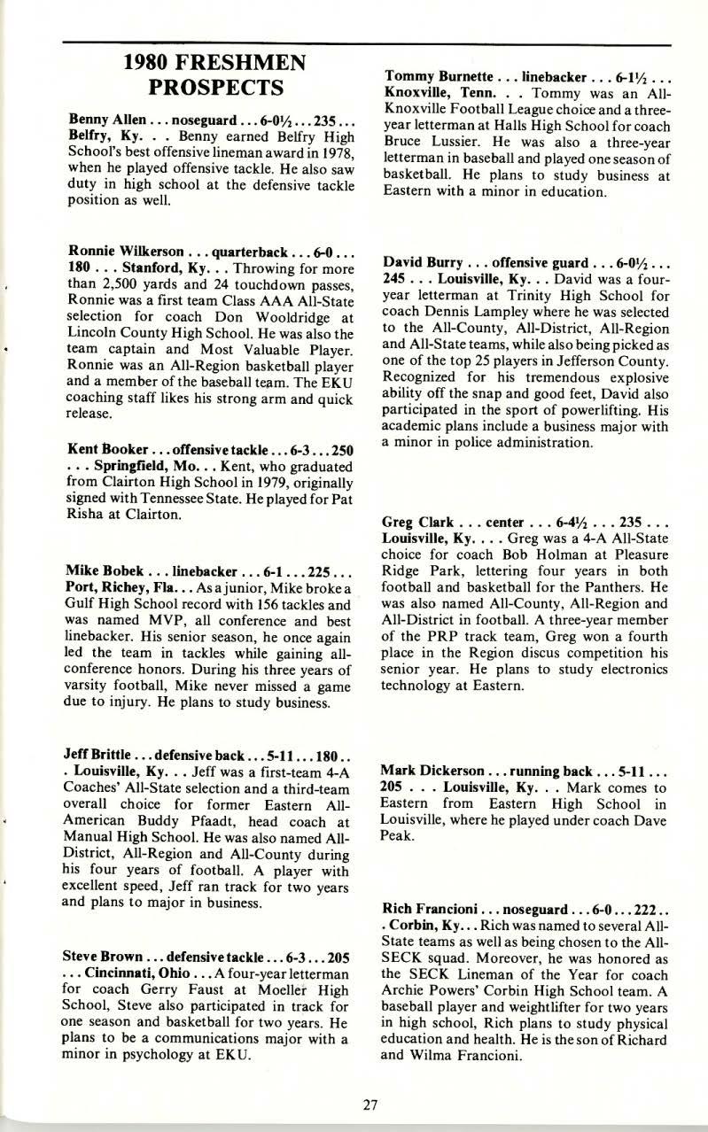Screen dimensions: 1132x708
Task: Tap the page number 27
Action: (371, 1104)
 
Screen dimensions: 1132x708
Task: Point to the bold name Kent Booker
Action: (98, 451)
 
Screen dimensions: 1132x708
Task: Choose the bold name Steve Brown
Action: (100, 957)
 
